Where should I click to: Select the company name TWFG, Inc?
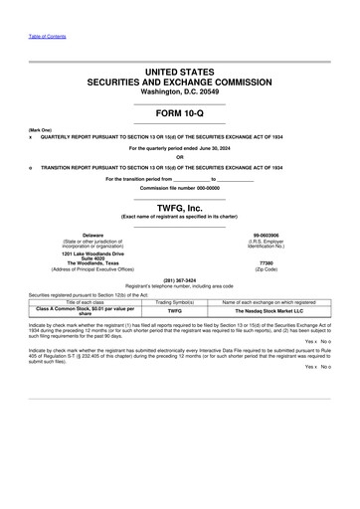179,207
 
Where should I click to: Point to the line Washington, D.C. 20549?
179,91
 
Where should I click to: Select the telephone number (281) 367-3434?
179,279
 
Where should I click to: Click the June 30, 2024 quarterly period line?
179,148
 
